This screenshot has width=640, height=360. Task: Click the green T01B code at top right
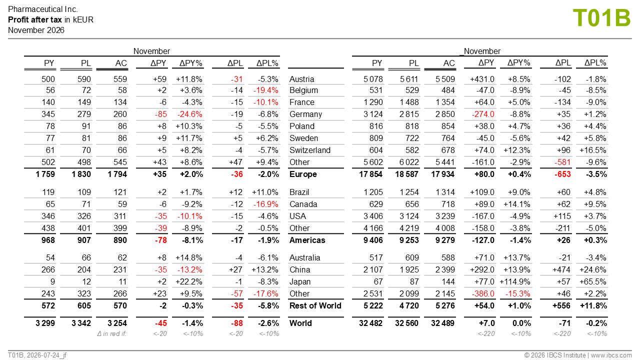coord(601,18)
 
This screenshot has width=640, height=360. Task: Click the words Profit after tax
coord(35,19)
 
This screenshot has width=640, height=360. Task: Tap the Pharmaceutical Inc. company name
coord(43,9)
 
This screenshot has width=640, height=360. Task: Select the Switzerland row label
coord(310,150)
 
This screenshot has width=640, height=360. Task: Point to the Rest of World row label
coord(315,305)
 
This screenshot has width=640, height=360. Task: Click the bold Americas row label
coord(307,240)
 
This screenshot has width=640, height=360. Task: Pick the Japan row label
coord(300,281)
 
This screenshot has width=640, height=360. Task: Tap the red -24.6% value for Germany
coord(189,114)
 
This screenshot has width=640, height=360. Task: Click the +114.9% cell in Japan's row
coord(515,281)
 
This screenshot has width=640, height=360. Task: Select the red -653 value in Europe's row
coord(562,174)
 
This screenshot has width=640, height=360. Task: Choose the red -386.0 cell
coord(483,293)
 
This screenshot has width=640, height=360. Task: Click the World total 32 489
coord(442,323)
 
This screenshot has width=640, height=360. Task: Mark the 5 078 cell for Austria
coord(373,79)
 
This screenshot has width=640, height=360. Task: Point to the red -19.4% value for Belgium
coord(265,90)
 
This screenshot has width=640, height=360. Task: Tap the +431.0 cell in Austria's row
coord(482,79)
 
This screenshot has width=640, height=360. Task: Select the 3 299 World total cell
coord(45,323)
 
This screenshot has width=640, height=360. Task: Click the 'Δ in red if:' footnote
coord(111,333)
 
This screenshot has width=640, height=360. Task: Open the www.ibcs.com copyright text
coord(611,355)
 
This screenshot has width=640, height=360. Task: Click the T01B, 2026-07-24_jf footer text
coord(37,355)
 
